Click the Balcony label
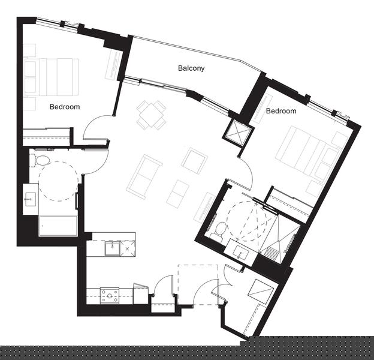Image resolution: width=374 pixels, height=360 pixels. coord(191,68)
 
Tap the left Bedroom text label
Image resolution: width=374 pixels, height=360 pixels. coord(65,107)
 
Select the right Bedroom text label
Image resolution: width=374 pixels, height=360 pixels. coord(281,111)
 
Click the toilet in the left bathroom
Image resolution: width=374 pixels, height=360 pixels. coord(40,160)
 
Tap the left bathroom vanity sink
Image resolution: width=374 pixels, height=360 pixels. coord(31,199)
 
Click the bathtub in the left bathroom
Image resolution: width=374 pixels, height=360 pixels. coord(58,226)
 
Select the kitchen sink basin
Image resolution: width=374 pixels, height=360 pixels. coord(112,248)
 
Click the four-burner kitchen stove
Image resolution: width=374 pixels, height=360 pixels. coord(110,296)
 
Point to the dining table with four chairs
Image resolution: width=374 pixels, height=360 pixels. coord(151,115)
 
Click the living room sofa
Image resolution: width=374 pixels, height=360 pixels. coord(144,177)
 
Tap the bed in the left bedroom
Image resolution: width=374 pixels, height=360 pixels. coord(52,77)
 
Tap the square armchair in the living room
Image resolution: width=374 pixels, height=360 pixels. coord(194,161)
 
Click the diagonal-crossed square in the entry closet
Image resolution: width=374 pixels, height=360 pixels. coord(261,292)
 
